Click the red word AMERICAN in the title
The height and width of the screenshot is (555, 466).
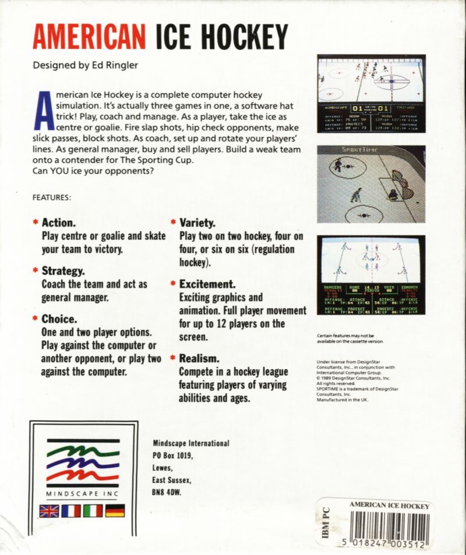click(x=89, y=38)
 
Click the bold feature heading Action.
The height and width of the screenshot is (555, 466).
click(x=58, y=223)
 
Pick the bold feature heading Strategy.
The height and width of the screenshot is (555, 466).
click(x=63, y=271)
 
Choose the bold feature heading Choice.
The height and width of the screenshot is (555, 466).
click(x=61, y=319)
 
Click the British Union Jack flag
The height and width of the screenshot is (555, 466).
click(x=48, y=511)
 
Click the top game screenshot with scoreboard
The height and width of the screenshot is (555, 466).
click(x=370, y=94)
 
